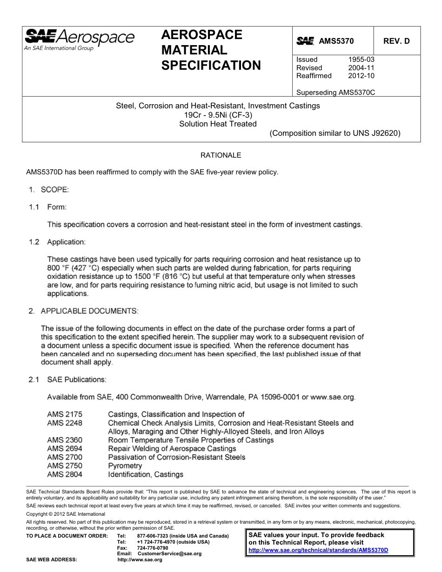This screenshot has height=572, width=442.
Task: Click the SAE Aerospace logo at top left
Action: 79,39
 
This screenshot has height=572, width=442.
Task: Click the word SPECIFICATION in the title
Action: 211,65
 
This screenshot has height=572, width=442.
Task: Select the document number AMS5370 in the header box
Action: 336,41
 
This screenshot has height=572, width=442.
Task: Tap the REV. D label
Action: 396,41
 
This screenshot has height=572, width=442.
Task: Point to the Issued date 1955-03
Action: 361,60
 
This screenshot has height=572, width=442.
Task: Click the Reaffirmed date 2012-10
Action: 361,76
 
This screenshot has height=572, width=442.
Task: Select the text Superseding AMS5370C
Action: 335,92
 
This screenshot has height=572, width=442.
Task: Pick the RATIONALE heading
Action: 221,155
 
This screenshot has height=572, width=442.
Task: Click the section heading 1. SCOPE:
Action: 49,190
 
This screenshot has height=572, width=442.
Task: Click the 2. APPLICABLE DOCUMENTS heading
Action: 83,311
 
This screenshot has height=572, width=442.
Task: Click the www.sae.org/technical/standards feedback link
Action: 318,550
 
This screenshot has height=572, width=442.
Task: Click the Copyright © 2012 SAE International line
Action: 66,514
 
